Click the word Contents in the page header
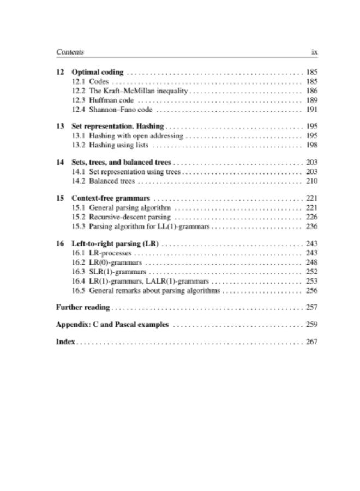70,52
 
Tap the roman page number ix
314,52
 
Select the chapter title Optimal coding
98,72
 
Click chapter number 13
60,125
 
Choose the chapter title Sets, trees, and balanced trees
122,163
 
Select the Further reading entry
83,307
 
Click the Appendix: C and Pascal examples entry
112,325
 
